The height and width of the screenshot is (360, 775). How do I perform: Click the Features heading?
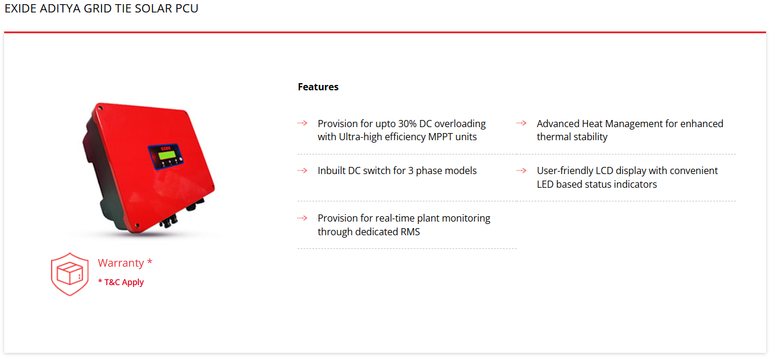[318, 87]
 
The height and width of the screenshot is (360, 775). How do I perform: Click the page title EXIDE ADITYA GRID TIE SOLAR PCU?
[101, 8]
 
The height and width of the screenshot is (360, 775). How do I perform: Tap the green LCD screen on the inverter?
[167, 155]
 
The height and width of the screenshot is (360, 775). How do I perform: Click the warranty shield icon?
[69, 274]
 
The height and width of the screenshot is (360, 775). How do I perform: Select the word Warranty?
[121, 263]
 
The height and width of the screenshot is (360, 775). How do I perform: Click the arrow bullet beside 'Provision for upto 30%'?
[302, 123]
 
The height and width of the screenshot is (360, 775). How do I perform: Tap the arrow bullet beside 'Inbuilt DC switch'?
[302, 170]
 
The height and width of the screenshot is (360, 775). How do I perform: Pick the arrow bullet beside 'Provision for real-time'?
[302, 218]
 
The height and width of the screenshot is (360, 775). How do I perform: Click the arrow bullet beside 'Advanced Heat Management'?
[521, 123]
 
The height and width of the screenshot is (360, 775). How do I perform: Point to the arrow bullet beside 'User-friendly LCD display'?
[521, 170]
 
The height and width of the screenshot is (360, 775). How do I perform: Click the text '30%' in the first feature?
[407, 124]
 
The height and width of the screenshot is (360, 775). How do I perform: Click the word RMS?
[410, 232]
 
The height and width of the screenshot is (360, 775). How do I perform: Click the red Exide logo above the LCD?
[166, 148]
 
